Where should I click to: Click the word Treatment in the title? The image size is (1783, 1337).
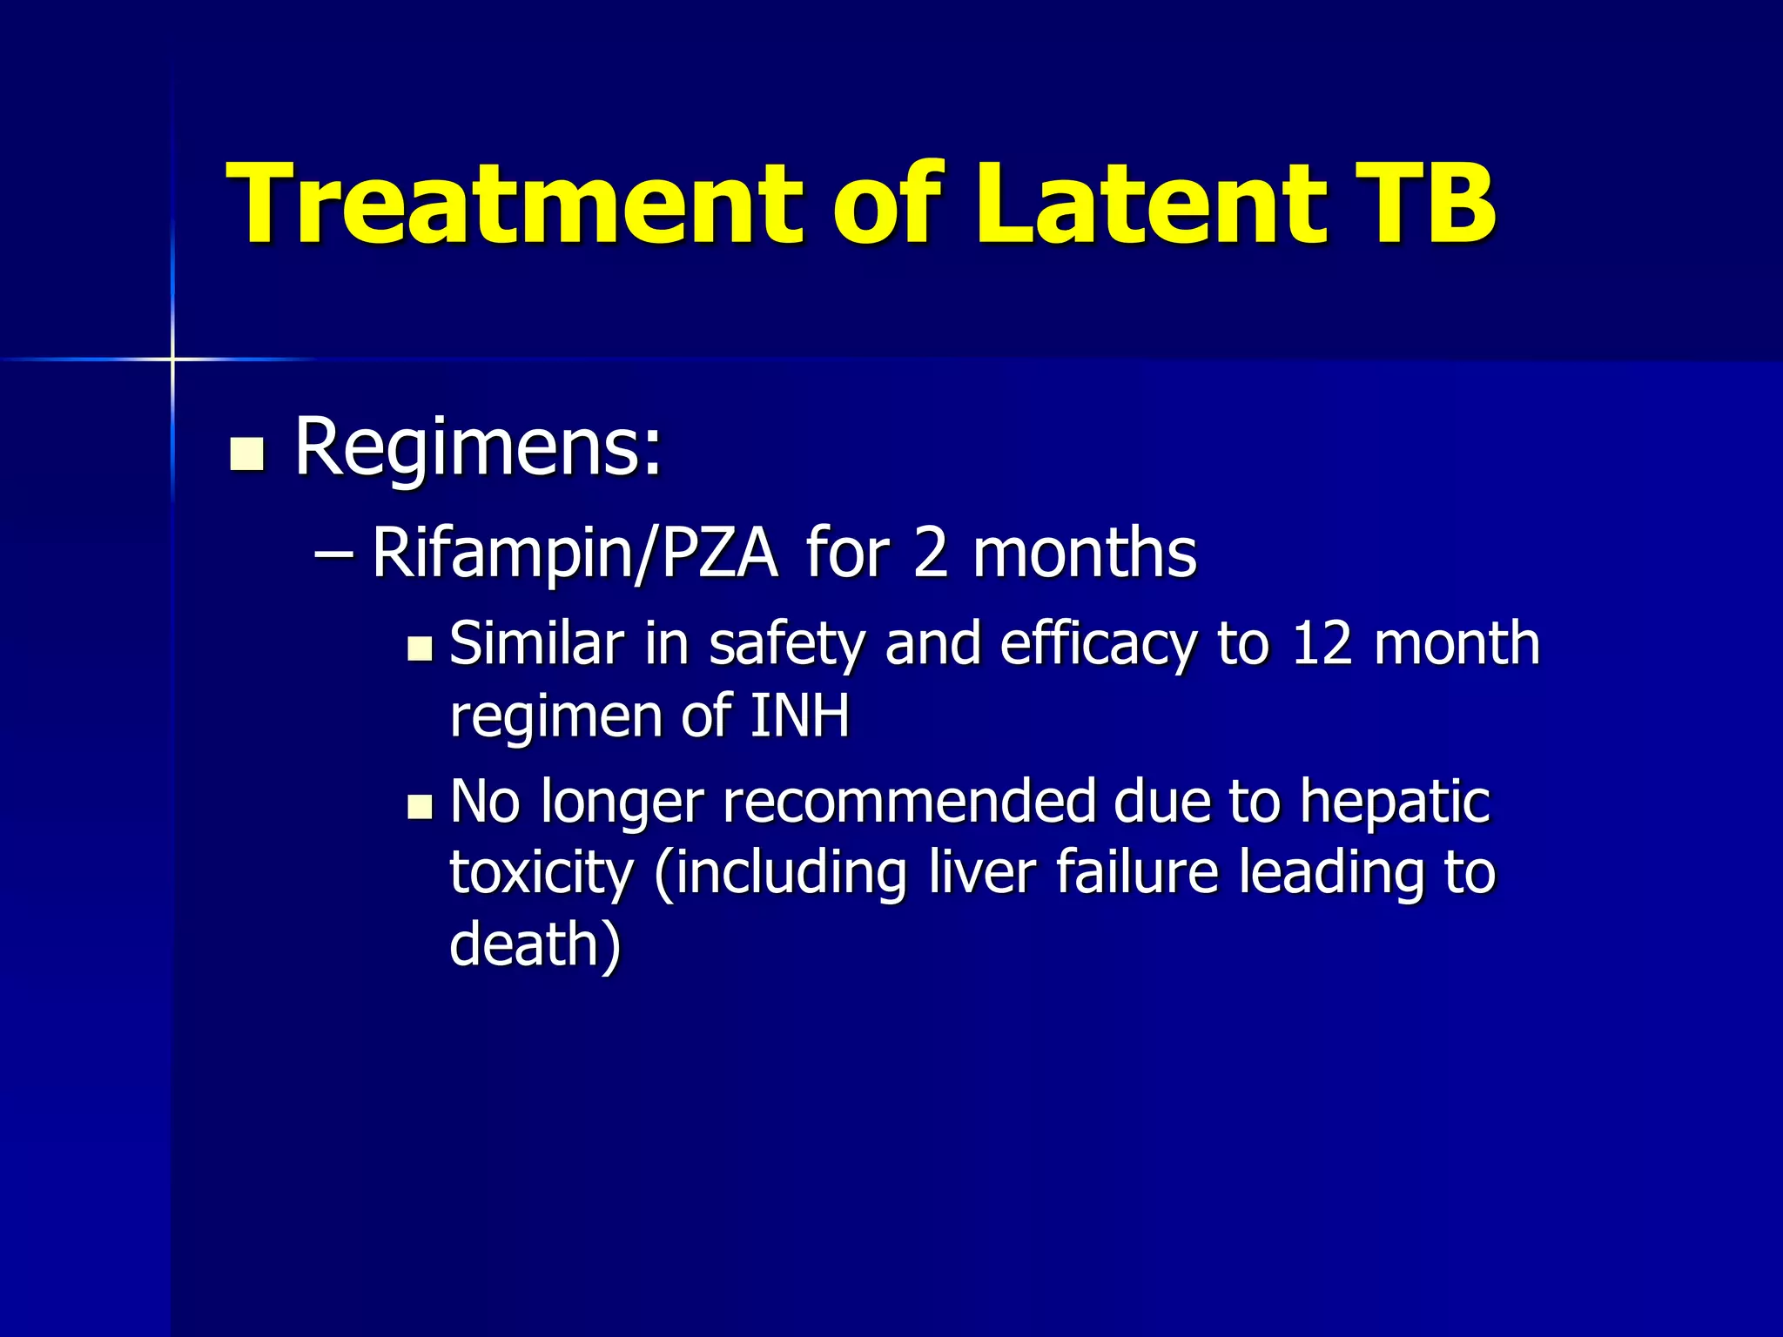[514, 205]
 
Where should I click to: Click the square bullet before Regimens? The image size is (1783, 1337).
[247, 454]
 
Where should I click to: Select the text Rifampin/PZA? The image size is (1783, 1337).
[575, 554]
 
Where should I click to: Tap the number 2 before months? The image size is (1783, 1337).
[930, 554]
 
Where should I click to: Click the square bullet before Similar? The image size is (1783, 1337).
[420, 648]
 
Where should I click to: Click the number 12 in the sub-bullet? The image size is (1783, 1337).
[1322, 644]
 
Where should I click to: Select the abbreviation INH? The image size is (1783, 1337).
[799, 716]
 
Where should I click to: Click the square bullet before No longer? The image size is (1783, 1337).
[420, 807]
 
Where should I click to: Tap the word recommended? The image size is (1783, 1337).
[909, 803]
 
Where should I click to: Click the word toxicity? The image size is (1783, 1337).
[542, 875]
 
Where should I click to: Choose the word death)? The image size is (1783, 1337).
[535, 945]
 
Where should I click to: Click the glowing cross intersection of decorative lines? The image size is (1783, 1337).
[172, 359]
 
